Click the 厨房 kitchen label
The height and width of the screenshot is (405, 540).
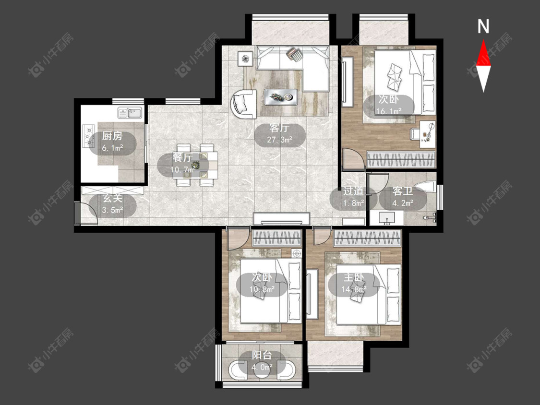[112, 136]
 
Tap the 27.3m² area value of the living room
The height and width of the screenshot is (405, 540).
[280, 140]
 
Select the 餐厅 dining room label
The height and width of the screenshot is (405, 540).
[182, 158]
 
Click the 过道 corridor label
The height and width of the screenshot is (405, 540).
[353, 191]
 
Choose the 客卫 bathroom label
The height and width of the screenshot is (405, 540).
[403, 191]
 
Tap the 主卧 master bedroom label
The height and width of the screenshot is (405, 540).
[354, 277]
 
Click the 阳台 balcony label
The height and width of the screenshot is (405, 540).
[262, 355]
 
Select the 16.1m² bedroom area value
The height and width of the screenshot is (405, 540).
[389, 111]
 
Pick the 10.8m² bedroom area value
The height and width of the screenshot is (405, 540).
[262, 290]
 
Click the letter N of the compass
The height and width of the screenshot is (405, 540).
[483, 26]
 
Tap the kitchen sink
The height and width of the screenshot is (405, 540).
[130, 113]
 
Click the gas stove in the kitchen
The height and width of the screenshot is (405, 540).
[89, 136]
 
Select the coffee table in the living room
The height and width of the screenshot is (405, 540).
[281, 97]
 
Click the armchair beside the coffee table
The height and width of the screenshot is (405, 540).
[243, 104]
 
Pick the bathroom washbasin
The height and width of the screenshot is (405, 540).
[386, 218]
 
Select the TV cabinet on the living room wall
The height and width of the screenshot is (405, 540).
[281, 219]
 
